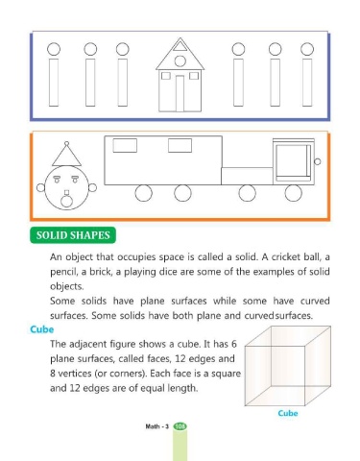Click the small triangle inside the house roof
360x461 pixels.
(x=180, y=47)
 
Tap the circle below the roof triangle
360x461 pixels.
(x=180, y=61)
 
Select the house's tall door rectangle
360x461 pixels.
(x=180, y=93)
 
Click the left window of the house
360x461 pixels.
(x=166, y=76)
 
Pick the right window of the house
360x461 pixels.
(x=194, y=76)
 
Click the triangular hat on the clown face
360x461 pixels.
(x=66, y=156)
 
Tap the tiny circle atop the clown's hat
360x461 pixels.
(x=66, y=143)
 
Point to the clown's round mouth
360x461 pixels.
(x=66, y=202)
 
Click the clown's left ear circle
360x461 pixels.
(x=40, y=187)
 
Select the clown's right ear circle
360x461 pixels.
(x=92, y=187)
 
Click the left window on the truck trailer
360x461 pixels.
(x=125, y=145)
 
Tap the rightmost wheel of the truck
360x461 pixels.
(x=293, y=193)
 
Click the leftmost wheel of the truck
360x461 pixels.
(x=143, y=193)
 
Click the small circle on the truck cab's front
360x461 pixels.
(x=318, y=161)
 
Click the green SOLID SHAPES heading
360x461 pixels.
(x=73, y=235)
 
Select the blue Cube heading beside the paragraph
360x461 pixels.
(x=42, y=329)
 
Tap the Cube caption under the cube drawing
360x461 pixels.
(x=288, y=413)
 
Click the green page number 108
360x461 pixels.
(x=180, y=426)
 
